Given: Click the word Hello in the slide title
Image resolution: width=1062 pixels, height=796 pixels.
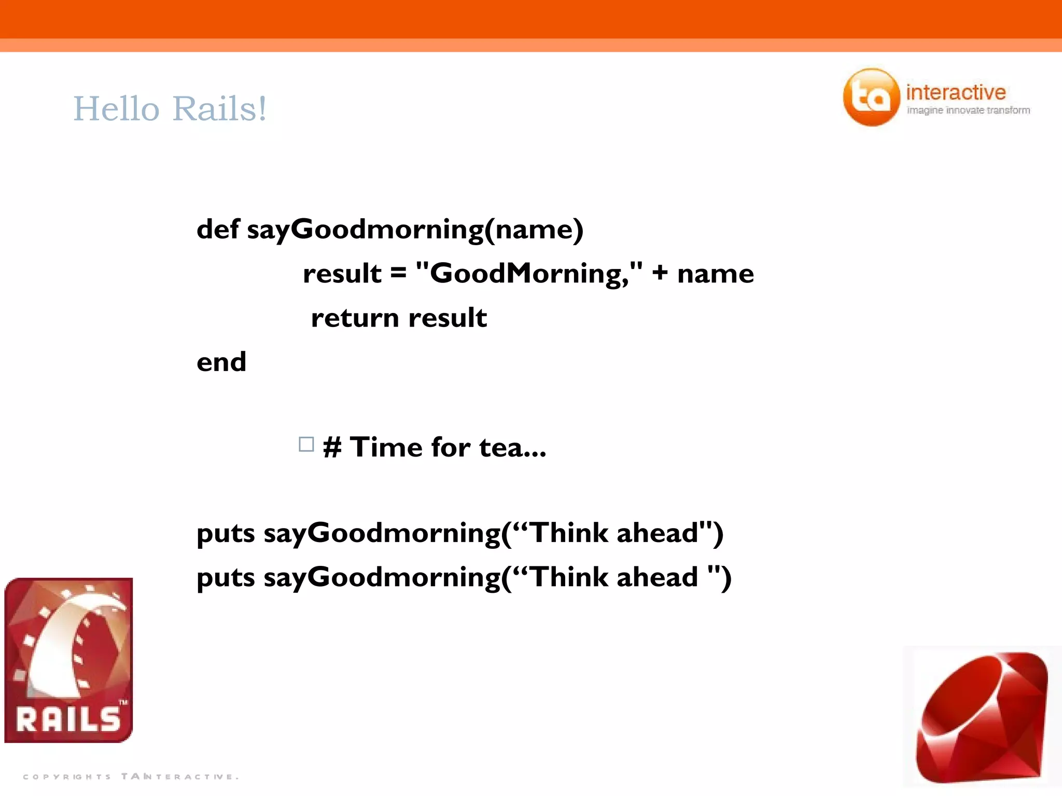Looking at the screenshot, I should pyautogui.click(x=116, y=109).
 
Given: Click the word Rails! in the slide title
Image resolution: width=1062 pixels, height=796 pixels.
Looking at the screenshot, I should pyautogui.click(x=219, y=109).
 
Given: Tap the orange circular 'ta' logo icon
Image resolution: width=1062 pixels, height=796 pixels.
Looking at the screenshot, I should pyautogui.click(x=871, y=97).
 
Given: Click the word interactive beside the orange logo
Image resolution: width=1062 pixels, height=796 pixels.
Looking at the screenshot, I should pyautogui.click(x=956, y=92).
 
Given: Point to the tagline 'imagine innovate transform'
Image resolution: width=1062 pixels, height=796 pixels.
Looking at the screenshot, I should pyautogui.click(x=968, y=110).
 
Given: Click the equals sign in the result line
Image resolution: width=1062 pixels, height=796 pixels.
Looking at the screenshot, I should pyautogui.click(x=398, y=273).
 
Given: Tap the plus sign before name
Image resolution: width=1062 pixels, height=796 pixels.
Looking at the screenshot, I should pyautogui.click(x=660, y=273).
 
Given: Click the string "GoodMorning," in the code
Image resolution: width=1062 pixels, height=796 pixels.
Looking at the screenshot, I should pyautogui.click(x=529, y=273).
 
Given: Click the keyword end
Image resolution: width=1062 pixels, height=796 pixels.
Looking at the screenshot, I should pyautogui.click(x=221, y=362).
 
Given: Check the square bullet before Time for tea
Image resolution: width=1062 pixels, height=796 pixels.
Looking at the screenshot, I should pyautogui.click(x=306, y=445).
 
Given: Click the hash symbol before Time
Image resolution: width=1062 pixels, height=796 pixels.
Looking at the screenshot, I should pyautogui.click(x=332, y=447).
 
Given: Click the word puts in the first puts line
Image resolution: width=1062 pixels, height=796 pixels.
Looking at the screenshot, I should pyautogui.click(x=226, y=534).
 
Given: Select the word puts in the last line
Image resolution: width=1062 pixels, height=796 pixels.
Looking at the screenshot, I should pyautogui.click(x=226, y=578).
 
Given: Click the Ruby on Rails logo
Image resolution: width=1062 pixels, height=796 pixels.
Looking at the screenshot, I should pyautogui.click(x=68, y=660).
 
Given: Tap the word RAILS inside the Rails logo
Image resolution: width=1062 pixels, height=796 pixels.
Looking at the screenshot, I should pyautogui.click(x=68, y=719).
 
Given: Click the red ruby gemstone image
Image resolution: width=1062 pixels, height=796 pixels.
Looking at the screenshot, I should pyautogui.click(x=982, y=718).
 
